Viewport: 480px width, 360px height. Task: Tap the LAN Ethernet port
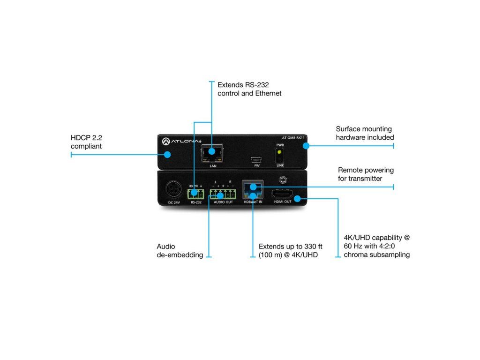click(212, 152)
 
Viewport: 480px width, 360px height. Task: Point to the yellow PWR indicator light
click(280, 152)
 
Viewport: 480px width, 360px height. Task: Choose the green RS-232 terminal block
click(195, 193)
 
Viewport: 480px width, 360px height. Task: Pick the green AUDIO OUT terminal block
click(223, 193)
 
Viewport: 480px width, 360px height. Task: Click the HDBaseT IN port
click(253, 190)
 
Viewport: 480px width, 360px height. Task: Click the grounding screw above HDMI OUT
click(283, 179)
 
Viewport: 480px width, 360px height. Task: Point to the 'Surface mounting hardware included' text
click(365, 133)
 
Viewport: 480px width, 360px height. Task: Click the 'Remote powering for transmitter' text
click(366, 174)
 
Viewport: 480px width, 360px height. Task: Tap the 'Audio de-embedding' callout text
click(180, 251)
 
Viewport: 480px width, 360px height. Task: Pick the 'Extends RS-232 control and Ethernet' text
click(249, 89)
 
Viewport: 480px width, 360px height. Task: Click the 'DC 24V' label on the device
click(174, 202)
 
